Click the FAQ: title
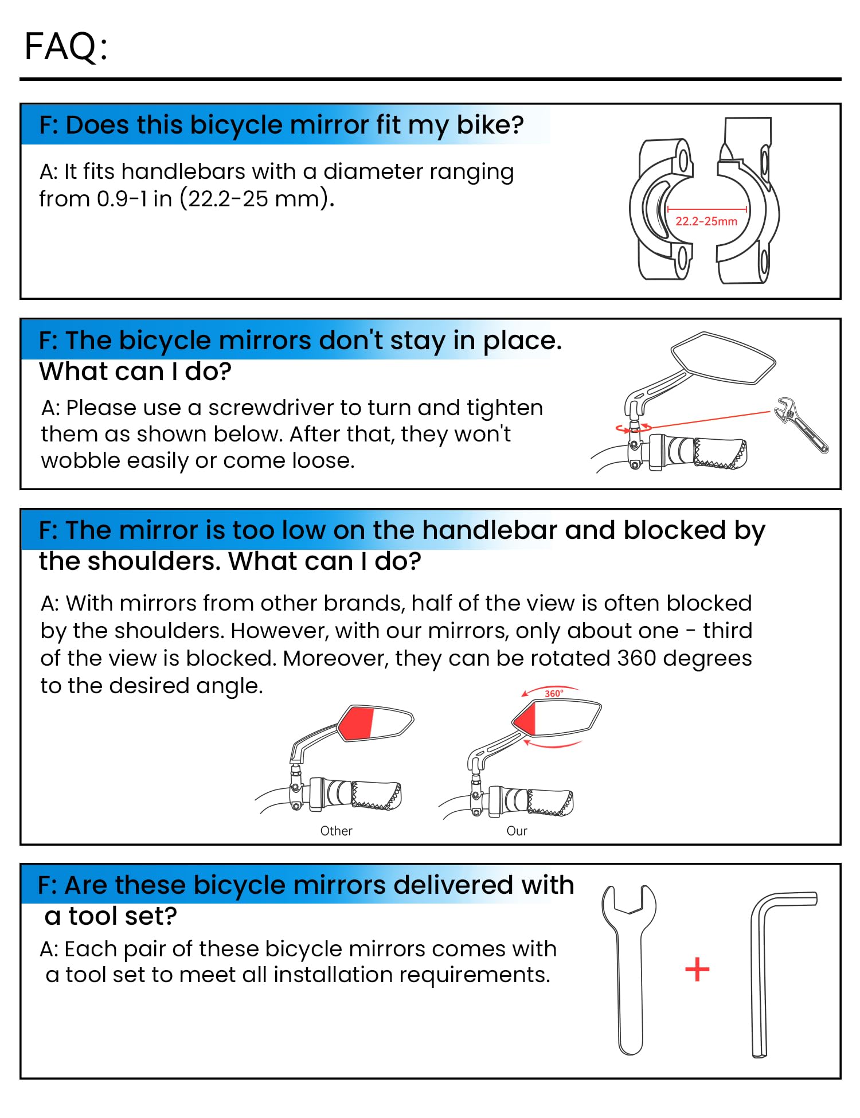[66, 46]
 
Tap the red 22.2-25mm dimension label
[706, 221]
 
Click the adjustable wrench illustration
[800, 424]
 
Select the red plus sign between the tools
[697, 970]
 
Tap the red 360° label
[554, 694]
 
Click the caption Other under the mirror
[336, 831]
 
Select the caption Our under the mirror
[517, 831]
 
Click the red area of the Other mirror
[357, 724]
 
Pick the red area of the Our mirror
[525, 719]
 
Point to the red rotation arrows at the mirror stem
[634, 428]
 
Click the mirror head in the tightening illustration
[724, 358]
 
